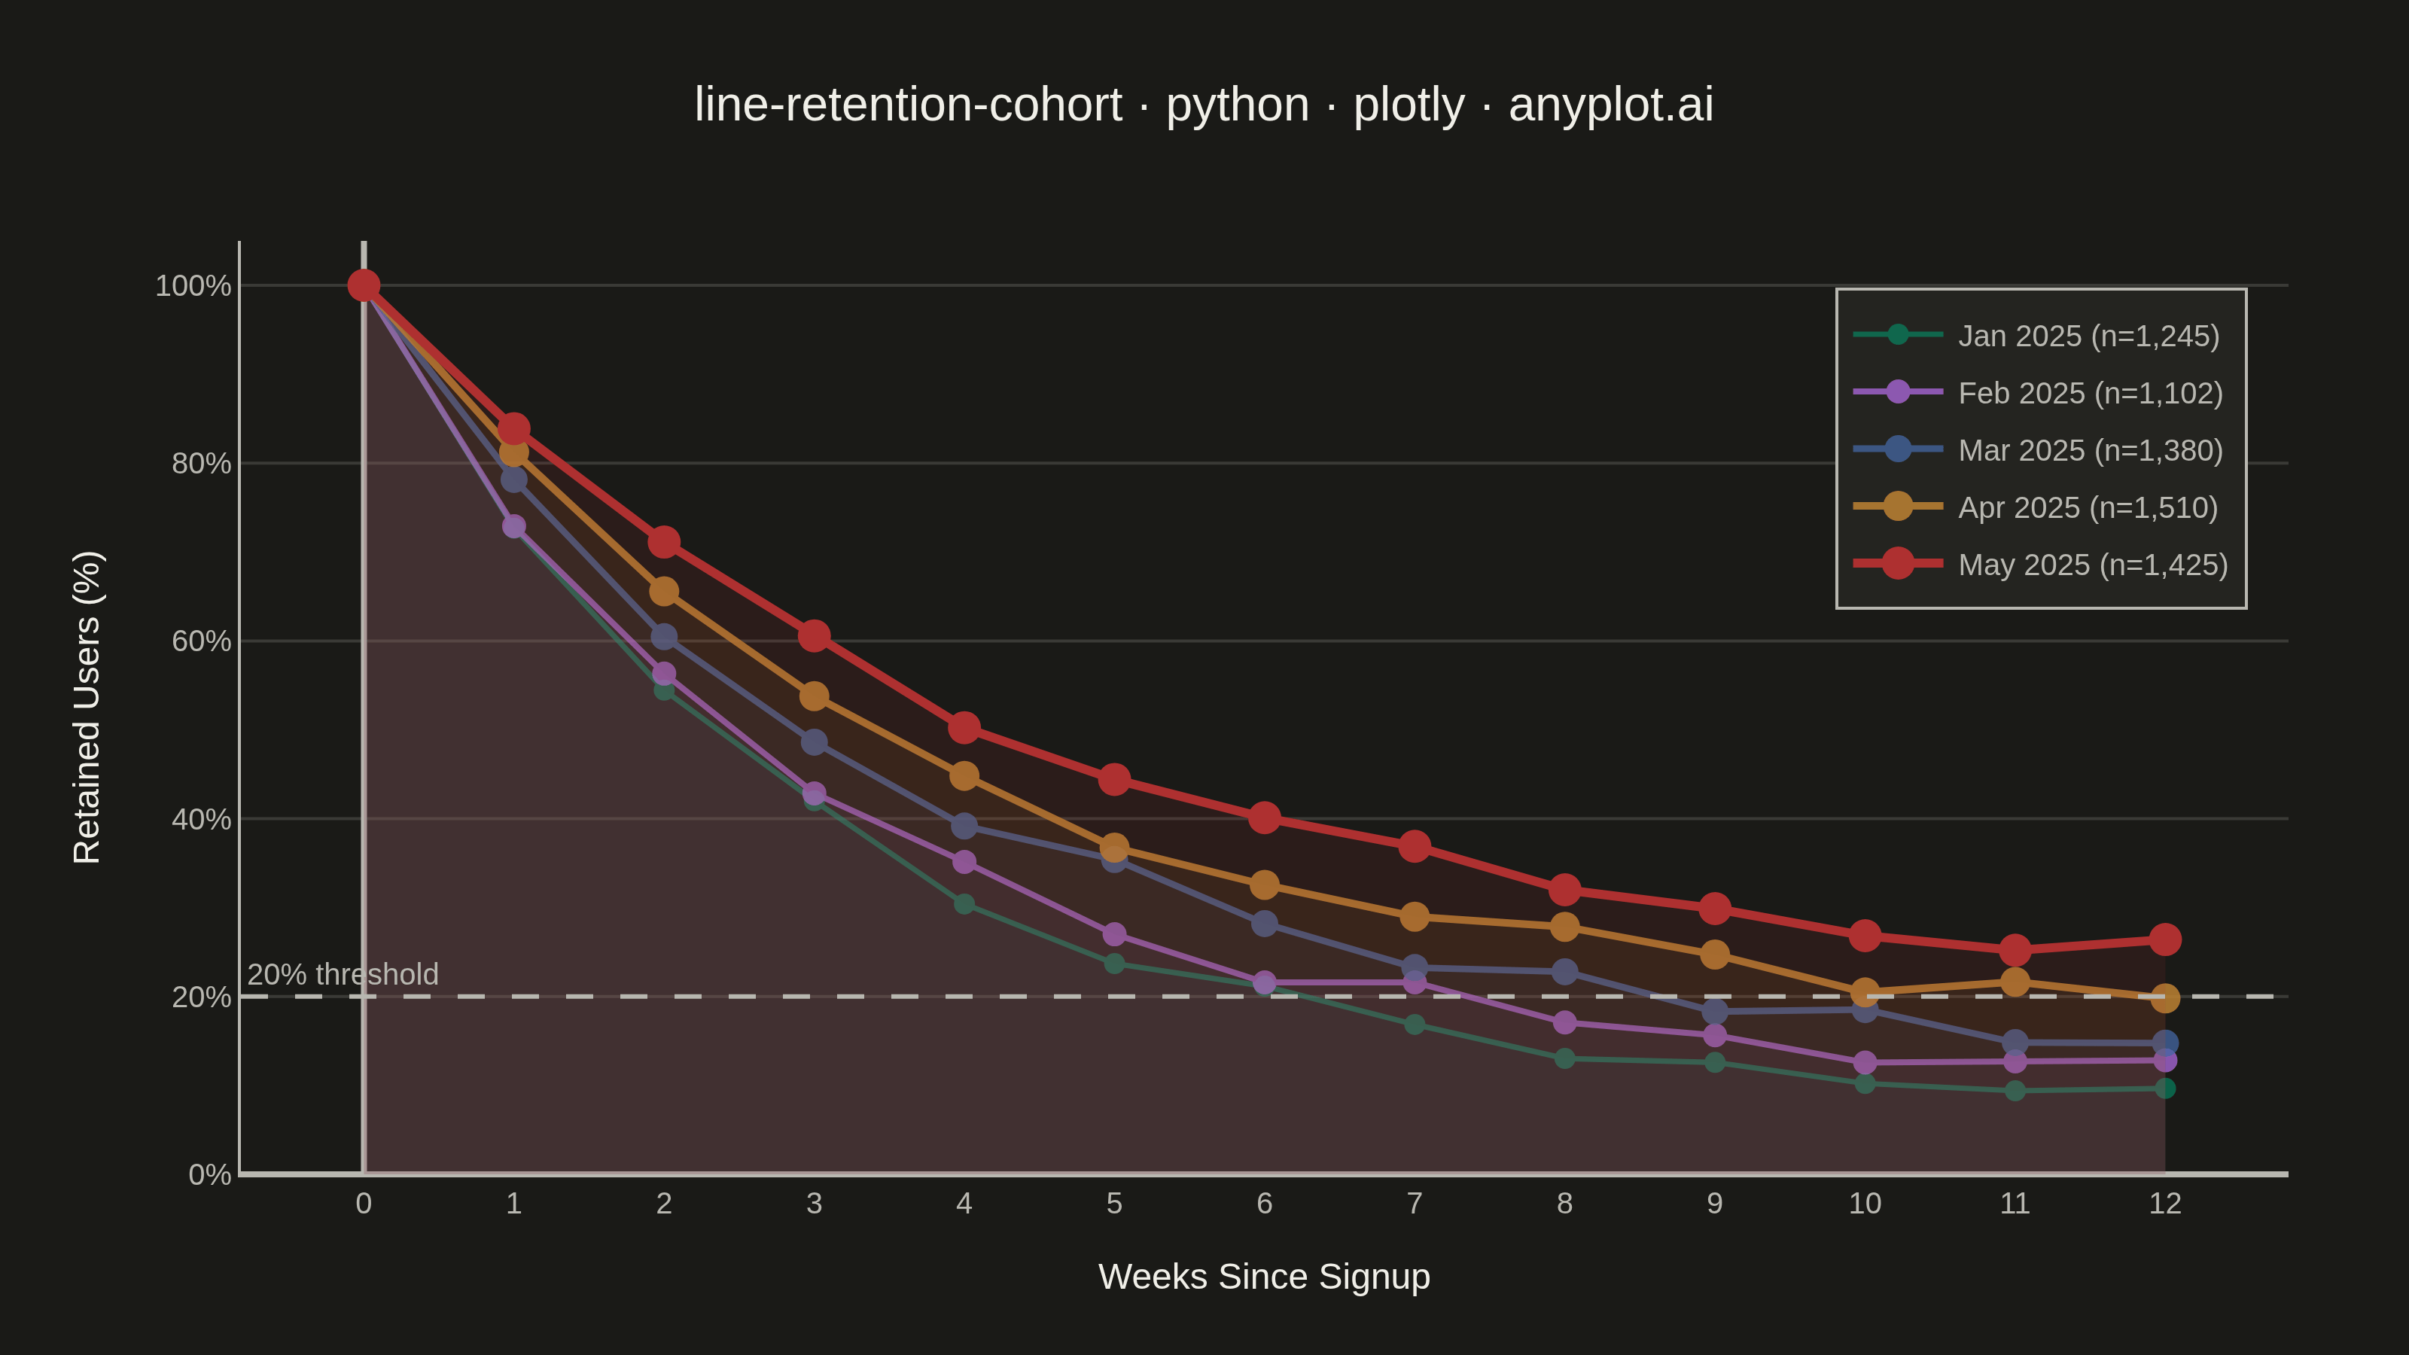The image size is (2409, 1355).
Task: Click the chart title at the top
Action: click(x=1204, y=104)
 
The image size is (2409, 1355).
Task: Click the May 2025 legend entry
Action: click(x=2041, y=564)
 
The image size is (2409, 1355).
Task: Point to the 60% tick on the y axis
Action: click(x=201, y=641)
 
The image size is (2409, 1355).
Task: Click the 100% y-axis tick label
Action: click(x=193, y=285)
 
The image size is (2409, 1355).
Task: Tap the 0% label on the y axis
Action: click(x=209, y=1174)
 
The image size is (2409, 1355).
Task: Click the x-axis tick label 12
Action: click(x=2165, y=1204)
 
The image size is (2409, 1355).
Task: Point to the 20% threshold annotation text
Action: click(x=343, y=974)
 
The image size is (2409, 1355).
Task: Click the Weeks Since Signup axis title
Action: click(x=1265, y=1277)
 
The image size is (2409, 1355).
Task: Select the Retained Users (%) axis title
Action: click(x=87, y=707)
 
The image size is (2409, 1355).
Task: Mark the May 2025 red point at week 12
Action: click(x=2165, y=939)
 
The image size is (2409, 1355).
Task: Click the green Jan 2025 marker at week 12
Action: click(x=2165, y=1089)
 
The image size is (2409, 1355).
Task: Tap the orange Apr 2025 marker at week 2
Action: click(x=664, y=591)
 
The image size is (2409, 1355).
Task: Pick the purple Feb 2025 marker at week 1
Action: click(x=513, y=526)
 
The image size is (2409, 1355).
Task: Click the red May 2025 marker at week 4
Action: click(x=964, y=727)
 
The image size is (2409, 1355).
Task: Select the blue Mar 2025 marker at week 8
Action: click(x=1564, y=972)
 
